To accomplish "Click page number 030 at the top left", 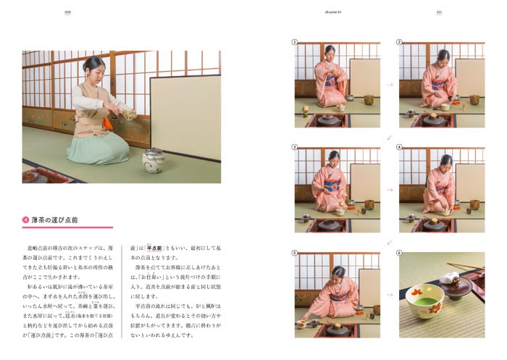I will [x=67, y=12].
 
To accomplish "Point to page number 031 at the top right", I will [x=439, y=12].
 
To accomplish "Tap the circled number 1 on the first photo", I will [x=296, y=42].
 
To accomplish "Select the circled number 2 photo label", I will [x=399, y=42].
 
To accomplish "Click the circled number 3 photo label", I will [x=296, y=147].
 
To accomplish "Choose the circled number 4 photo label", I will [x=399, y=147].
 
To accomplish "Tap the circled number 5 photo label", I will [x=296, y=253].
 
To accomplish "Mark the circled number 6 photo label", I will [x=399, y=253].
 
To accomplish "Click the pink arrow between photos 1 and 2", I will [x=390, y=85].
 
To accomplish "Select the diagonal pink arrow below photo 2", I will [x=390, y=137].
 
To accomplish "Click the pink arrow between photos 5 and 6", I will [x=390, y=296].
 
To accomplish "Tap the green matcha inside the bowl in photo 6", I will [x=424, y=296].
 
